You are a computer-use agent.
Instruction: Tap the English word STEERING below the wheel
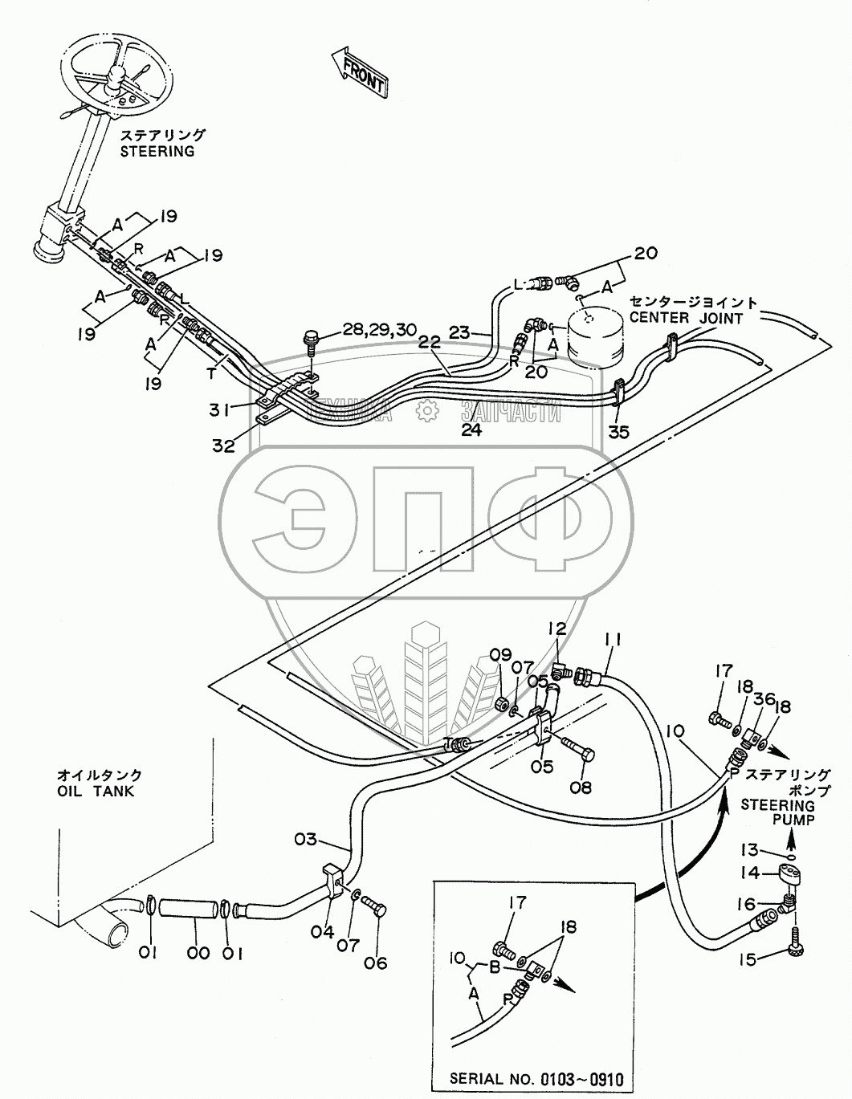click(x=157, y=151)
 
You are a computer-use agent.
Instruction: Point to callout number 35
click(x=618, y=433)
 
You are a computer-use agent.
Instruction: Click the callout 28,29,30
click(x=379, y=329)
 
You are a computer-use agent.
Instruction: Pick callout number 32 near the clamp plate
click(x=224, y=446)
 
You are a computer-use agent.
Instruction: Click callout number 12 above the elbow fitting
click(x=557, y=629)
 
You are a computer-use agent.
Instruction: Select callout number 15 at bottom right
click(x=747, y=959)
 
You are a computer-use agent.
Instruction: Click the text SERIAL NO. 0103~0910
click(x=536, y=1079)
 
